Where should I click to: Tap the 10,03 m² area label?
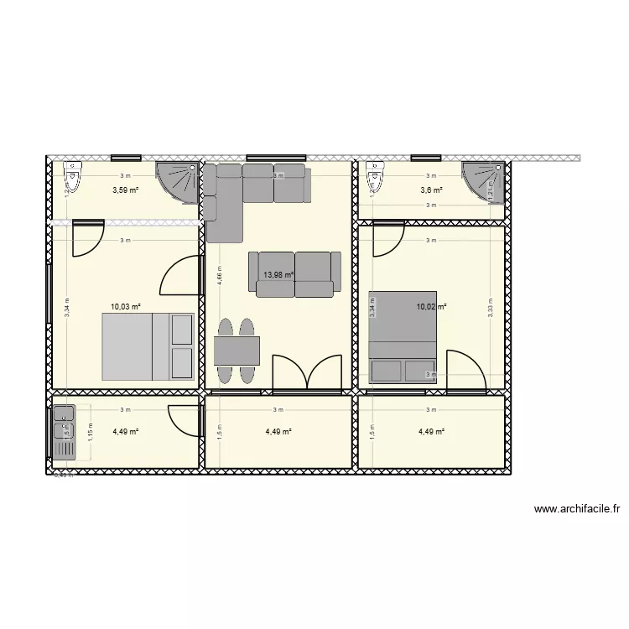pos(125,308)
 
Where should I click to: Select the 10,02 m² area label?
pos(431,308)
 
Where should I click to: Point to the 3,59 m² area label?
pos(125,190)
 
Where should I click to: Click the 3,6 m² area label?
pos(431,190)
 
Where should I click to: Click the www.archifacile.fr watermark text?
pos(576,508)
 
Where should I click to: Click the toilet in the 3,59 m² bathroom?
pos(74,178)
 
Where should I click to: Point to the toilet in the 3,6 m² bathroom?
pos(374,178)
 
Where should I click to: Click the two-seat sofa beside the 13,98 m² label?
pos(294,274)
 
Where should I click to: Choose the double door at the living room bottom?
pos(309,372)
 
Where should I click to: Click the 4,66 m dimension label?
pos(220,276)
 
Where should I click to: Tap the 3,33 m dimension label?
pos(490,308)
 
